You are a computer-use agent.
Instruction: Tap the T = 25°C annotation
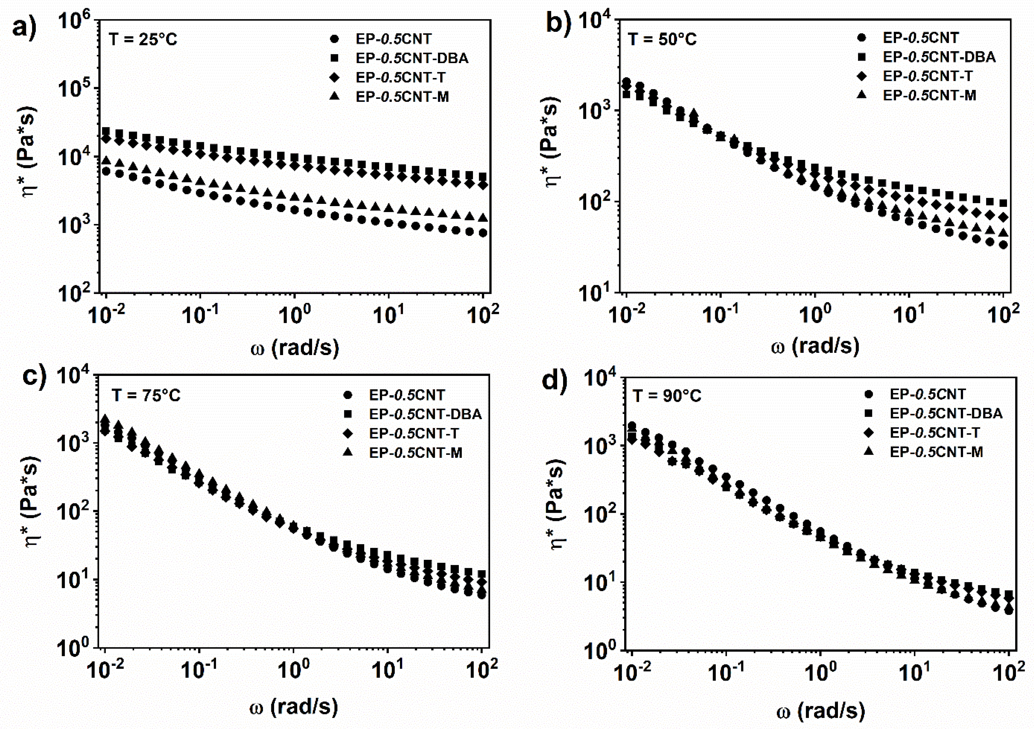143,40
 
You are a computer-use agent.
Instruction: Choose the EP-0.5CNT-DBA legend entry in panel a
412,58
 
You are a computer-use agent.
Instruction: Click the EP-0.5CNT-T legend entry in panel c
414,433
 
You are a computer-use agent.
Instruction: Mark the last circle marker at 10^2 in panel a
483,233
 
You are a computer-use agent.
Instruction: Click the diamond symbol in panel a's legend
334,77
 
